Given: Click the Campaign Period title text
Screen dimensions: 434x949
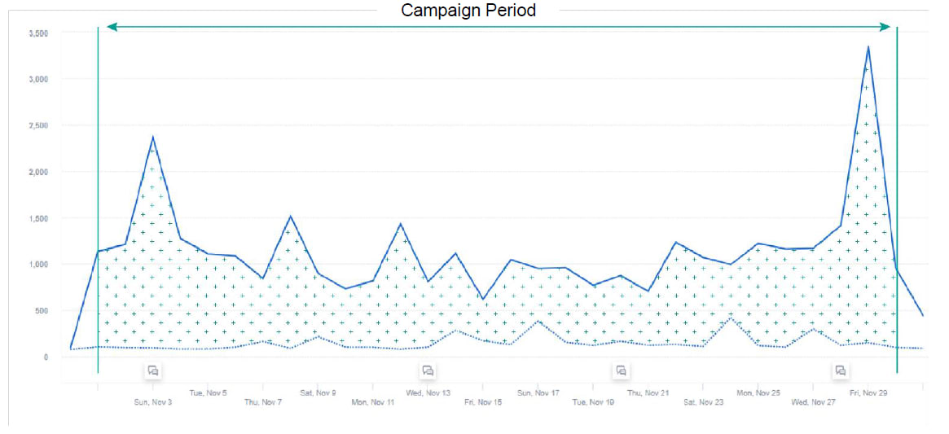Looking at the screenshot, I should coord(468,11).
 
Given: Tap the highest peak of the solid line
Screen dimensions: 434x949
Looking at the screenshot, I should coord(868,47).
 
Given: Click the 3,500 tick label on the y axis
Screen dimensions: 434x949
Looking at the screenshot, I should coord(38,33).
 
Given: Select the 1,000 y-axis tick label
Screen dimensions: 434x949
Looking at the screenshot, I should coord(38,265).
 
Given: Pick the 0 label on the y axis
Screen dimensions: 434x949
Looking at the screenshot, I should coord(46,357).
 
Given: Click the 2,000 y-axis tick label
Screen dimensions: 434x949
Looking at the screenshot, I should coord(38,172).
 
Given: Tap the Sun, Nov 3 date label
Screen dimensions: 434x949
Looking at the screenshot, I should coord(153,402).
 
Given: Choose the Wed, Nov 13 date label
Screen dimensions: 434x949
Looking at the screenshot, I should coord(428,392).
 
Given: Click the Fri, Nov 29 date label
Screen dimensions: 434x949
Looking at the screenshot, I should coord(869,392).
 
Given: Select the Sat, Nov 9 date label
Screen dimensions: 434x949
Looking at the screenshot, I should coord(318,392).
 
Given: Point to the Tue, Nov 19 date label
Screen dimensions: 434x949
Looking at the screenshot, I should coord(593,402).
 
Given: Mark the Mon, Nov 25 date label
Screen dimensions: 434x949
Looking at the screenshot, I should coord(758,392).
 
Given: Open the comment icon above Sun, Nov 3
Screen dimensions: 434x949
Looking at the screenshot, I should coord(153,370).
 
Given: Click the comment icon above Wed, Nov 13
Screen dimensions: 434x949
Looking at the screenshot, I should coord(428,370).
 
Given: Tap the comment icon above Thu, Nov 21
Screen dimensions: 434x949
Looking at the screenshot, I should coord(621,370).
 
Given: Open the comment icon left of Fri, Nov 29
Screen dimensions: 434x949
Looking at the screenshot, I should coord(841,370).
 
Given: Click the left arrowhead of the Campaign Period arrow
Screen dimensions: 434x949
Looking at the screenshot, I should coord(112,27).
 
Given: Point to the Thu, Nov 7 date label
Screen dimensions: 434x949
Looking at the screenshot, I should coord(263,402).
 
